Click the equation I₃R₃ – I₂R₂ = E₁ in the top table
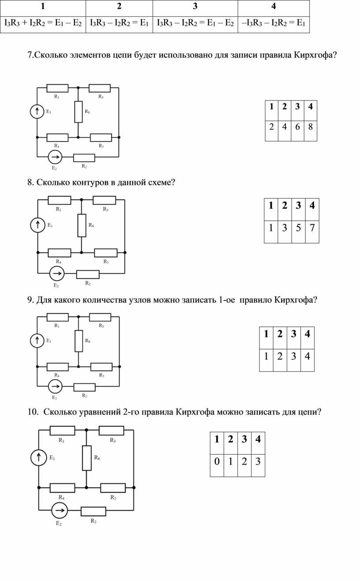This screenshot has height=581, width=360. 119,23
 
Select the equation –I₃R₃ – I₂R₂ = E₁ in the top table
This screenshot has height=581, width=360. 274,23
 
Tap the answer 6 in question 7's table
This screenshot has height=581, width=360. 297,127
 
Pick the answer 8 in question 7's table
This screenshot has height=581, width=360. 310,127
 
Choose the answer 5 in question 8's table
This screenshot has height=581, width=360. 298,228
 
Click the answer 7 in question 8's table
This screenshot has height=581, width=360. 312,228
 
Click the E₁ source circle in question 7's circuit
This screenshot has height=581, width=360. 37,111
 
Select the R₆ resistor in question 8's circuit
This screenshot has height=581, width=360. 82,226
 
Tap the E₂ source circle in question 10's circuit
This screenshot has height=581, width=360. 60,510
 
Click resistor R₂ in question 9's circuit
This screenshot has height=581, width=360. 85,387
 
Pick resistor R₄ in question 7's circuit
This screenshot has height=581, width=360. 57,137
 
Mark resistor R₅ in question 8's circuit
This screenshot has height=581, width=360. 106,253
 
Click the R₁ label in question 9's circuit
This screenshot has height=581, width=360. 57,326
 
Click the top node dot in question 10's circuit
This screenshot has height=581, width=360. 86,430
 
